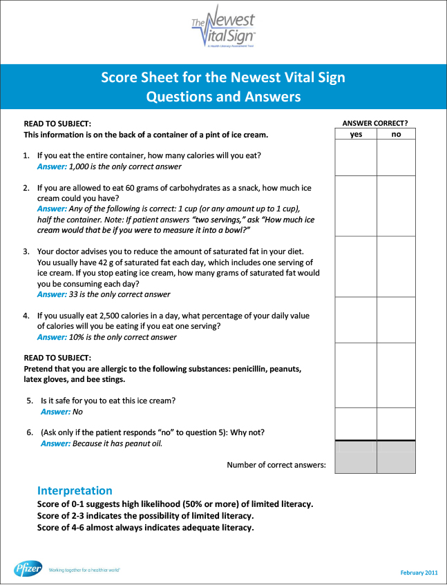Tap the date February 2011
coord(419,573)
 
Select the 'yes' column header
coord(356,135)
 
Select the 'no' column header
coord(396,135)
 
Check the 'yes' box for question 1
coord(356,158)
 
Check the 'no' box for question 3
coord(396,267)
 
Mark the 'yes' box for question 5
coord(356,375)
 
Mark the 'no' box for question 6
coord(396,423)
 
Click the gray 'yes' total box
coord(356,457)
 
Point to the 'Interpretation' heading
coord(75,490)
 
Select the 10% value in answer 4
coord(77,337)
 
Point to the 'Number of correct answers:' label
coord(276,465)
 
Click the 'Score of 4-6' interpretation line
coord(146,528)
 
